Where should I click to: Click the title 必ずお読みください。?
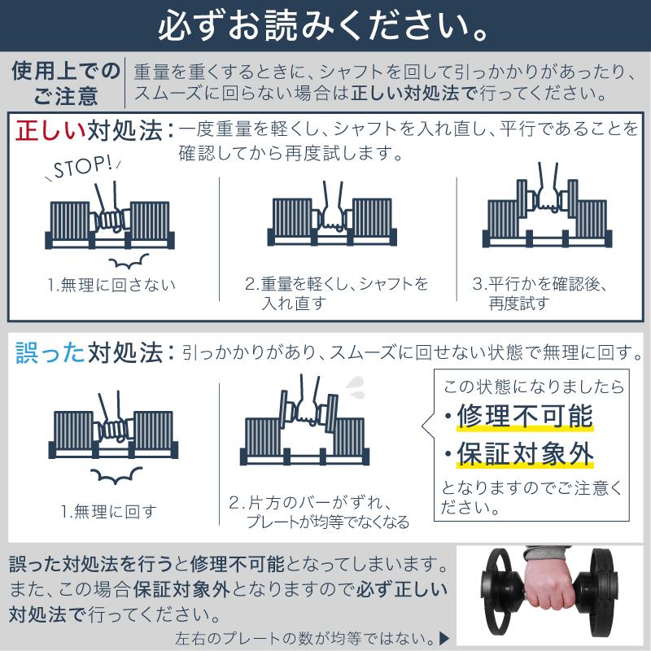[x=325, y=27]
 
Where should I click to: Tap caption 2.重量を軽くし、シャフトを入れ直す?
[x=336, y=294]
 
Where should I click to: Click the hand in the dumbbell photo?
[x=544, y=583]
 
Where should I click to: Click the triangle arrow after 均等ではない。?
[x=443, y=637]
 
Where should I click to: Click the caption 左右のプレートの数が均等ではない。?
[x=304, y=637]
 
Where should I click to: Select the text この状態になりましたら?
[x=533, y=385]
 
